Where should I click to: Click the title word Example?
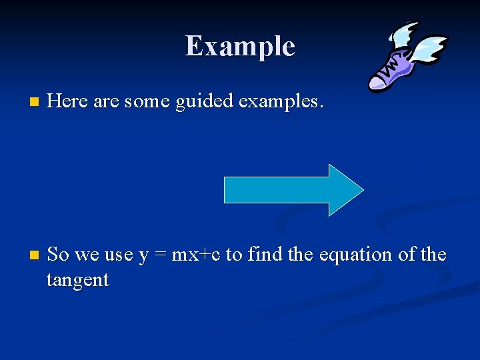tap(240, 46)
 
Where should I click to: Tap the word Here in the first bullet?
tap(69, 102)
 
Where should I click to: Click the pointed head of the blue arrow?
tap(347, 190)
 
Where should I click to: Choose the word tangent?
tap(77, 281)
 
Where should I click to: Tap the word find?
tap(263, 255)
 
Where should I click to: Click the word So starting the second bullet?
tap(59, 255)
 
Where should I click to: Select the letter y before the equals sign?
tap(143, 256)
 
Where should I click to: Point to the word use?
tap(118, 255)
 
